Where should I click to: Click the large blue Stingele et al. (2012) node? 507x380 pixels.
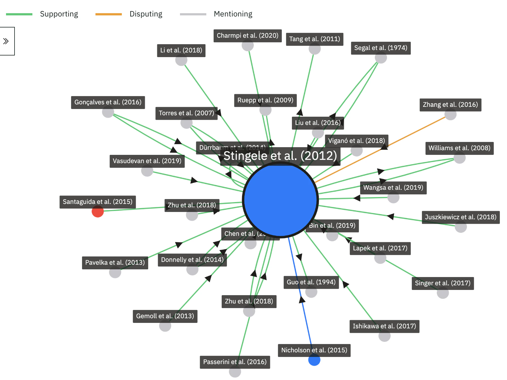280,200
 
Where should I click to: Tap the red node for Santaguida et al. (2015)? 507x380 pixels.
98,211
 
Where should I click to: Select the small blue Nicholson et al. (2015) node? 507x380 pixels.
314,360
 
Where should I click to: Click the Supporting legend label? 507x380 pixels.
59,14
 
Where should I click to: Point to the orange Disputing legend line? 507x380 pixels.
108,14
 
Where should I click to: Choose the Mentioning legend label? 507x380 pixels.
233,14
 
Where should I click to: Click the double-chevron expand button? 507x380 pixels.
6,41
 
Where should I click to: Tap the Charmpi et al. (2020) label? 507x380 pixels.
247,36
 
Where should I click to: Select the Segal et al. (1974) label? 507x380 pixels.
381,48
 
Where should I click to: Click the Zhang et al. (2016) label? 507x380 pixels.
450,105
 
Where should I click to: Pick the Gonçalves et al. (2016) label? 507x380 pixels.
108,102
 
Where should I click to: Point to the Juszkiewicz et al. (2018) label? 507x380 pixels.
460,217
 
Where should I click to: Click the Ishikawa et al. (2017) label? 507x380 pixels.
384,326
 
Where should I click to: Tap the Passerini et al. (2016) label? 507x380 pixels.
235,362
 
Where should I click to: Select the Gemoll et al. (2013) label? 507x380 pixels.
165,316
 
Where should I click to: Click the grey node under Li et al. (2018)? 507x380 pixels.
181,60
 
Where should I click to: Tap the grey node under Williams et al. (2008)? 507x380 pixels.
460,158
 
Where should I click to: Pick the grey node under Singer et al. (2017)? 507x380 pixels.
443,293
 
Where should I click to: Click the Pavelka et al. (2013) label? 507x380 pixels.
115,263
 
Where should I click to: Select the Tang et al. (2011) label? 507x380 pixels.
314,39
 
